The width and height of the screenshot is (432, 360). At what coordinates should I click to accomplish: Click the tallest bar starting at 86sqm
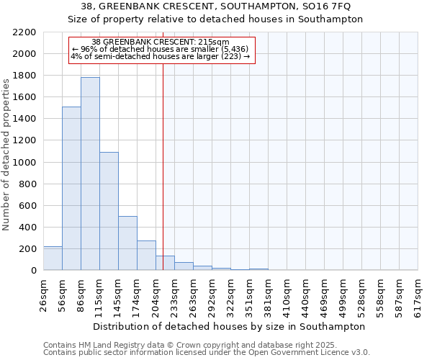tap(90, 173)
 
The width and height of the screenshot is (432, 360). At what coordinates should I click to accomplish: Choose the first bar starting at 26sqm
tap(53, 258)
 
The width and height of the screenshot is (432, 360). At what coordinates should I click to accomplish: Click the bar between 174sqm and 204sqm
tap(146, 256)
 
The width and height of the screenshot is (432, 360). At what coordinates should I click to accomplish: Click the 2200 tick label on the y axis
tap(24, 32)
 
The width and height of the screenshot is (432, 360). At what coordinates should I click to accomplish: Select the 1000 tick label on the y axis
tap(24, 163)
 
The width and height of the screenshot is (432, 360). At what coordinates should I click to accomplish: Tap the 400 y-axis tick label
tap(27, 228)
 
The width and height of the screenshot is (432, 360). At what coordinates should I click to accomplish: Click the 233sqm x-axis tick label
tap(175, 295)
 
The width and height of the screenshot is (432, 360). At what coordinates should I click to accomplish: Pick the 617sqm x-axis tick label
tap(418, 295)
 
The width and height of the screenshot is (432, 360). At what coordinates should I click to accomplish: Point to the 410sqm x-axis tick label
tap(287, 295)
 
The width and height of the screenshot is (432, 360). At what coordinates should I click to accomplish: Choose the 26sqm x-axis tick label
tap(44, 295)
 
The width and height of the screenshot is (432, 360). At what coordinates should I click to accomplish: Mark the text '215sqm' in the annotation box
tap(213, 42)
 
